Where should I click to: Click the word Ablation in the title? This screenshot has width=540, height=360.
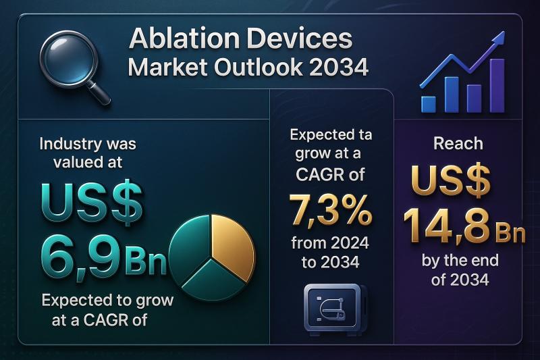(184, 38)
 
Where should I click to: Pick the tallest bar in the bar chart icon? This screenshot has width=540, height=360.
(497, 85)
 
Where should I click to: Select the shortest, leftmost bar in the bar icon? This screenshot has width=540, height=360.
(429, 104)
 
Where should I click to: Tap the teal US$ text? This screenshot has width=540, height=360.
(92, 202)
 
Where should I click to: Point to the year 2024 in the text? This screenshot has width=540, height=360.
(348, 243)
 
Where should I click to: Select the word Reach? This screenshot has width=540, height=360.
(458, 143)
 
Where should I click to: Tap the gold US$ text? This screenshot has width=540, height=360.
(451, 180)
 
